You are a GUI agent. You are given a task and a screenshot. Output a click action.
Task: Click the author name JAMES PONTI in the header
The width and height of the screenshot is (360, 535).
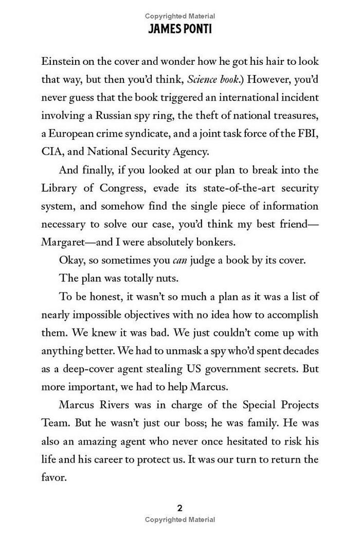179,29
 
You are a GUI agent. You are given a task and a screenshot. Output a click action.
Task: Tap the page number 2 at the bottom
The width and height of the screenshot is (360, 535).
179,508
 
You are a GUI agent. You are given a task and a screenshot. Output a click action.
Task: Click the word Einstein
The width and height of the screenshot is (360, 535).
60,61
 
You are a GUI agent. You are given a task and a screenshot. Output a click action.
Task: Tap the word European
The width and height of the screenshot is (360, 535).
70,134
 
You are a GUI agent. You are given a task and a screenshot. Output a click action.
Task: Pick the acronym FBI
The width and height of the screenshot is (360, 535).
307,134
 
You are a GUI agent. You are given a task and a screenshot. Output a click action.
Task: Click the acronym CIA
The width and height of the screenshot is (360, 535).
51,152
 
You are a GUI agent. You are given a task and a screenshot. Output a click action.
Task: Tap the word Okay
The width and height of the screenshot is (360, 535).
70,260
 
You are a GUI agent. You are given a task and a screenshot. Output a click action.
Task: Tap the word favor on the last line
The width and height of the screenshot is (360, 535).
54,477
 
